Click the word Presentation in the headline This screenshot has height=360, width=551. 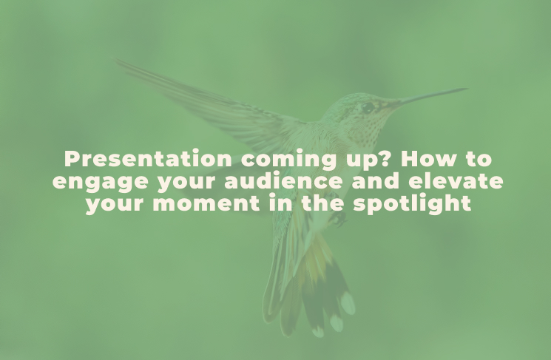[x=148, y=159]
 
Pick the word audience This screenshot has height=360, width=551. [x=283, y=180]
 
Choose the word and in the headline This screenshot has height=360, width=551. [x=375, y=180]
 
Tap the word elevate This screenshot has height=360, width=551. [x=456, y=180]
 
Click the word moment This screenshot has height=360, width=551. [x=206, y=203]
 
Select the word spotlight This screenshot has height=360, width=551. [x=412, y=205]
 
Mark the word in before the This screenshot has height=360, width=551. [x=281, y=203]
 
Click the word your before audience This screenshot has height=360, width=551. [x=186, y=183]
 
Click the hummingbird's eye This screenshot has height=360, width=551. [x=368, y=107]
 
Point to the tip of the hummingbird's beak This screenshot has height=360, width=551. [x=467, y=89]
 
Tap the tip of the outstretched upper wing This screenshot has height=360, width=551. [x=116, y=61]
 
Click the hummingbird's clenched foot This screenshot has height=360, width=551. [x=338, y=219]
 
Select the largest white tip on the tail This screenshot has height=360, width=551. [x=348, y=303]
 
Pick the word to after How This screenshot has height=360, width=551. [x=479, y=159]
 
